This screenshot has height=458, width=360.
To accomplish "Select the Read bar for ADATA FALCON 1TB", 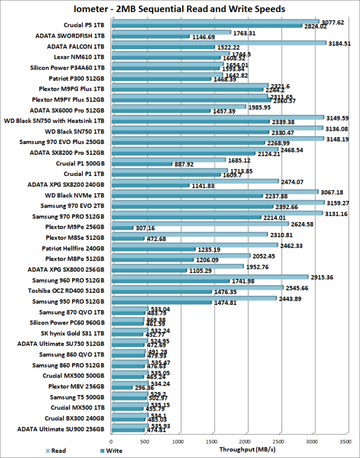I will pyautogui.click(x=218, y=43).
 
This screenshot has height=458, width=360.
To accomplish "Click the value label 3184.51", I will pyautogui.click(x=341, y=43).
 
